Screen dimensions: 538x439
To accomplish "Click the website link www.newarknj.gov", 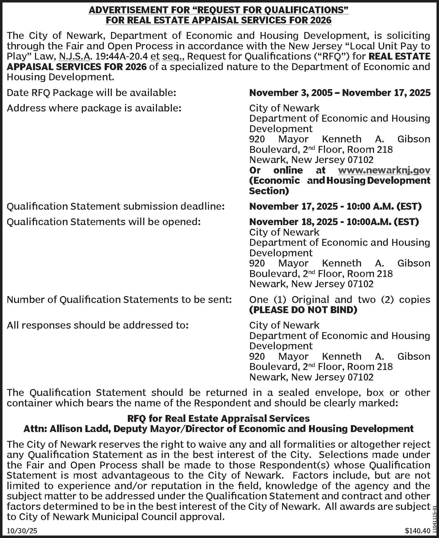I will (384, 171).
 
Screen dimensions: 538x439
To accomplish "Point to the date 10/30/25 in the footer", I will (22, 531).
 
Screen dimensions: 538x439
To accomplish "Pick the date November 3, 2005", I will (291, 93).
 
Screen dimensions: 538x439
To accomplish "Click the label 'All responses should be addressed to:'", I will (98, 326).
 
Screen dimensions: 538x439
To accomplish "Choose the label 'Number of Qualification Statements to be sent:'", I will (119, 300).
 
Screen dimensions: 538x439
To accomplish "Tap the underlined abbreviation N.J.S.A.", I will (75, 57).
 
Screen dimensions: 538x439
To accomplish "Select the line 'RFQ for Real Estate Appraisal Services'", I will (218, 419).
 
